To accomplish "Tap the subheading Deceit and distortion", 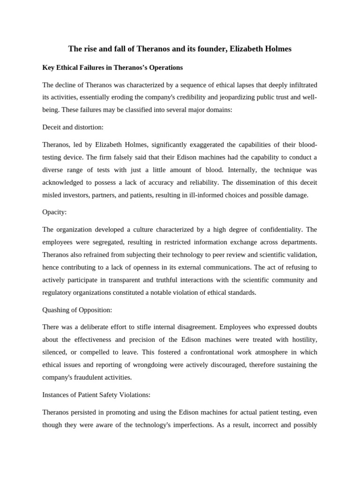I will pos(72,127).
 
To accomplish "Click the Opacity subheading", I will pos(54,212).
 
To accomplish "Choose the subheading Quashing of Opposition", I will pos(77,310).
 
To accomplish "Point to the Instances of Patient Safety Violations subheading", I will pos(96,395).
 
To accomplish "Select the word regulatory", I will pos(58,292).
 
